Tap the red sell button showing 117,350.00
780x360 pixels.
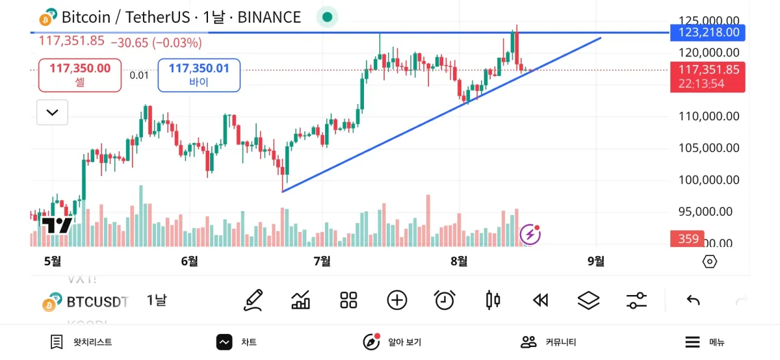[x=80, y=75]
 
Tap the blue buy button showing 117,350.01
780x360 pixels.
[x=199, y=75]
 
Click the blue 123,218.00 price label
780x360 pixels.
[x=708, y=32]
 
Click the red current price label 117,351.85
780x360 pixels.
[x=708, y=70]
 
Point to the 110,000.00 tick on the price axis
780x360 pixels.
[x=708, y=117]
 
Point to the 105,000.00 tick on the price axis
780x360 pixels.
[x=708, y=148]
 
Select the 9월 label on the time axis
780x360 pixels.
[x=596, y=261]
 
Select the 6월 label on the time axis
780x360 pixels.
[x=190, y=261]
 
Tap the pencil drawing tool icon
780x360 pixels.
[x=253, y=300]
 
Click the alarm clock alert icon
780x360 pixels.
[x=445, y=300]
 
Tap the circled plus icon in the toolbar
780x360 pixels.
[x=397, y=300]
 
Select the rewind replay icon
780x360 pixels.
[x=540, y=300]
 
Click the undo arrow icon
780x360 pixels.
[x=693, y=300]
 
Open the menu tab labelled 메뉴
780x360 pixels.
[x=705, y=342]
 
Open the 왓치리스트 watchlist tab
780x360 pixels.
[x=81, y=342]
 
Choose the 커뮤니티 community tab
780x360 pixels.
[x=549, y=342]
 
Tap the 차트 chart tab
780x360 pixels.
[x=237, y=342]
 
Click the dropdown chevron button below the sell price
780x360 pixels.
[x=53, y=112]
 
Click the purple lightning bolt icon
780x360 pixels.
[x=530, y=234]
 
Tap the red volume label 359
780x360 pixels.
[x=688, y=238]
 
